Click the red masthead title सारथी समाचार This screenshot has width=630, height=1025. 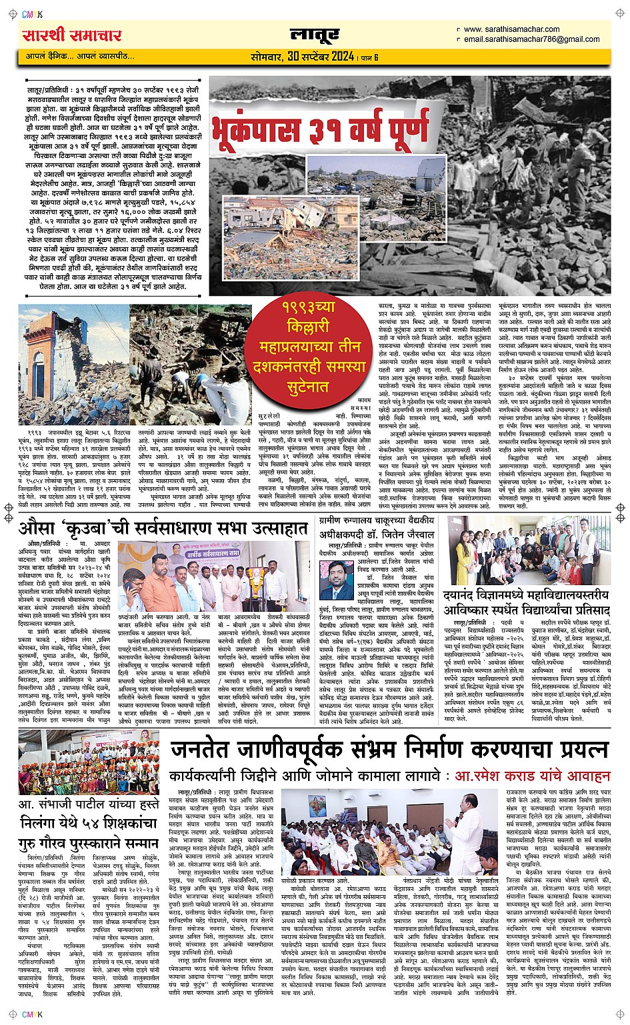click(72, 35)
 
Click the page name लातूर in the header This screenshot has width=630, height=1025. click(315, 35)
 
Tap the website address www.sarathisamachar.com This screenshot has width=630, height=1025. click(511, 29)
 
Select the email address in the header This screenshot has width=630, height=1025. click(531, 39)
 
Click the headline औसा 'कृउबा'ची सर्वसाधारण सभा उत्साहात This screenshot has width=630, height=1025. click(163, 529)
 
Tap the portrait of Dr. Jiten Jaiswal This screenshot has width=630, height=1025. click(341, 579)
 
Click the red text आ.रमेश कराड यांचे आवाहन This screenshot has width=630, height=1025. click(532, 776)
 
